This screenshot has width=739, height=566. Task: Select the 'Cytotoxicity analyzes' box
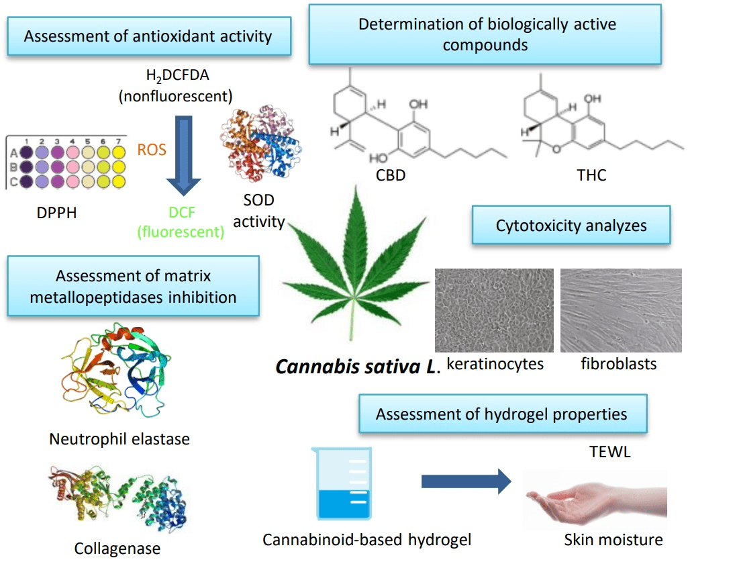point(571,225)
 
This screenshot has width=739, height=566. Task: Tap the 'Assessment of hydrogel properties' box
point(501,414)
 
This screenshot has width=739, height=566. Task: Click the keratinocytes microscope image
point(494,310)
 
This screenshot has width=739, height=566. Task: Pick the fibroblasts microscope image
point(621,310)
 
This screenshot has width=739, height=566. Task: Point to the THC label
point(591,175)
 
